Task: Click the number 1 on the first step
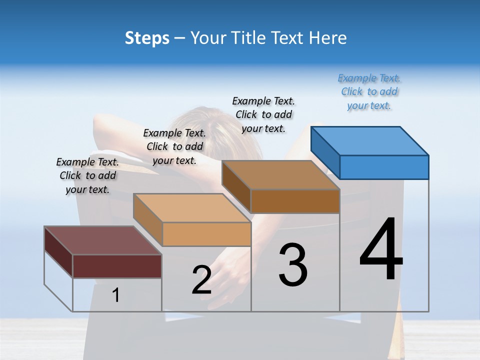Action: pos(115,295)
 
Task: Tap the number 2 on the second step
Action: pos(201,280)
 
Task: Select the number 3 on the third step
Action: pos(293,265)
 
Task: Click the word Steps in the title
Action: pos(147,38)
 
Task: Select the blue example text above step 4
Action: pos(369,92)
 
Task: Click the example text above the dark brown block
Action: pos(87,175)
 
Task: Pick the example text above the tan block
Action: pos(174,146)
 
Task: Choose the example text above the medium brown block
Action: pos(263,114)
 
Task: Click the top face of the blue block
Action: pos(370,140)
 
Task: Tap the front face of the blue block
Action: pos(384,167)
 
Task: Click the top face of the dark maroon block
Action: pos(102,240)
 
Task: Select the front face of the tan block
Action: pos(206,234)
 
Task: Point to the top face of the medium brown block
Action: pos(280,175)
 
